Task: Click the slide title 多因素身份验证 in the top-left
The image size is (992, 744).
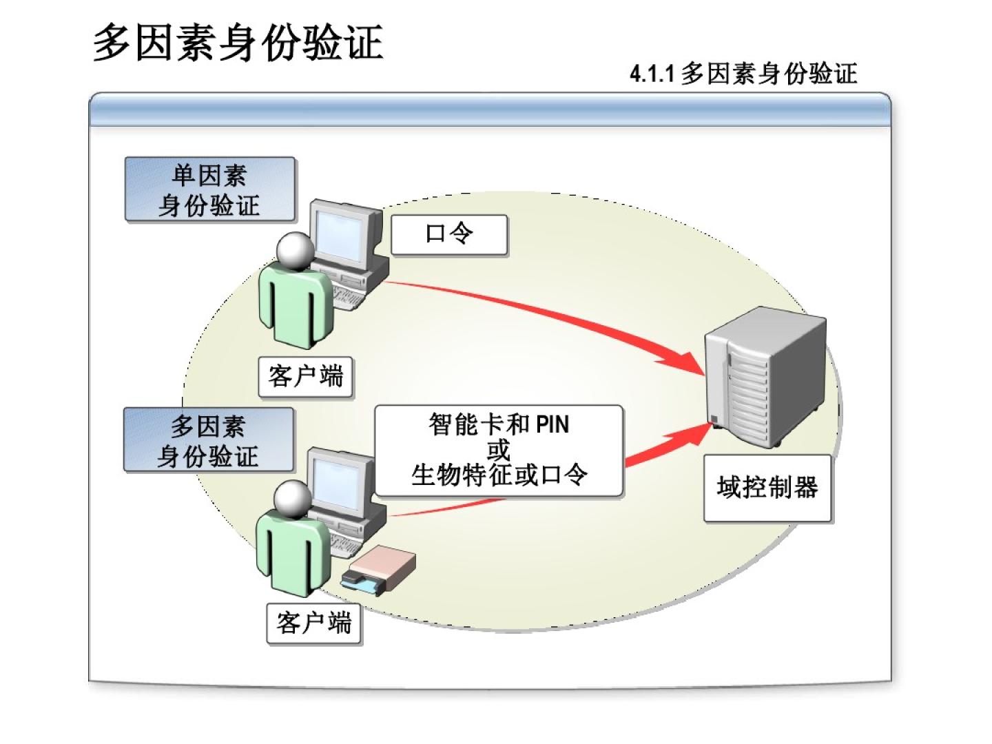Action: [238, 43]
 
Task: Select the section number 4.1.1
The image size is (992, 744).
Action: [651, 73]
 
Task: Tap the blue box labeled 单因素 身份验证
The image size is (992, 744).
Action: [209, 189]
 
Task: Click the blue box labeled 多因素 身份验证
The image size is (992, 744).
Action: [208, 440]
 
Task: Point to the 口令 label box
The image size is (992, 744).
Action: [449, 234]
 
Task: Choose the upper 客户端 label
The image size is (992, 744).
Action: [305, 376]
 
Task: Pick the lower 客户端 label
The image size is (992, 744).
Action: [314, 623]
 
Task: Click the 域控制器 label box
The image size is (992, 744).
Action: [767, 488]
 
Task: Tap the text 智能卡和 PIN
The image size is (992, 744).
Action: [499, 424]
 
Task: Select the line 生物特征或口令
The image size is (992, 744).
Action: [499, 475]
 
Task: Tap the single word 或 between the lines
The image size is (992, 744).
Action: [498, 449]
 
